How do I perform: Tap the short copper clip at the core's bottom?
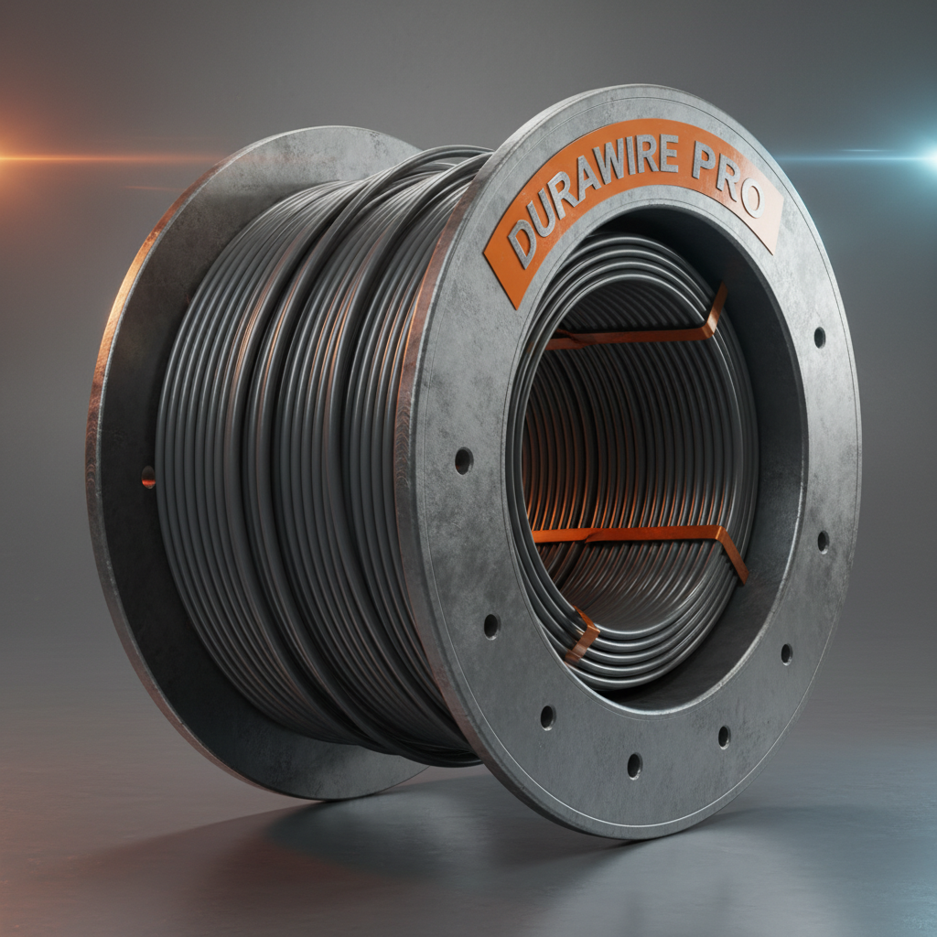583,636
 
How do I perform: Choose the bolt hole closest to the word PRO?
819,337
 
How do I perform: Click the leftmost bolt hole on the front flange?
463,460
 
